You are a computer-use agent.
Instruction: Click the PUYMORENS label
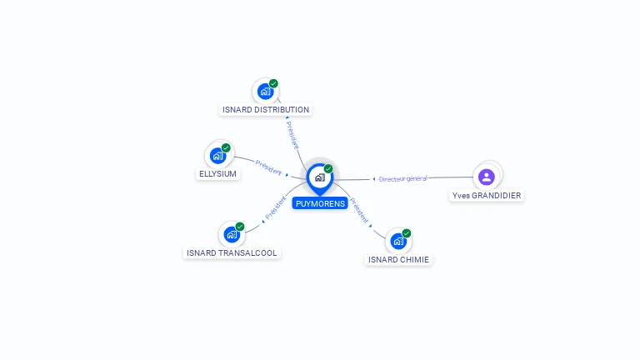[320, 203]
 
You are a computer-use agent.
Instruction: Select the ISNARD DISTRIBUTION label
[266, 109]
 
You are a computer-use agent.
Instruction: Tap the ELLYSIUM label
[218, 174]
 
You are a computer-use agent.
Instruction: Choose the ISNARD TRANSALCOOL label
[232, 253]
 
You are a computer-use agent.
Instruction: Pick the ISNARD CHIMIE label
[398, 260]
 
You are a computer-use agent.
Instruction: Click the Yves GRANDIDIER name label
[487, 196]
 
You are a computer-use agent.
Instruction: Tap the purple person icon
[487, 177]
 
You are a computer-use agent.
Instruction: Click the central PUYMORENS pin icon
[320, 179]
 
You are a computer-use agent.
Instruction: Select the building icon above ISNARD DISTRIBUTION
[266, 92]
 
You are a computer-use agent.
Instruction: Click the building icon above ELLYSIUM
[218, 156]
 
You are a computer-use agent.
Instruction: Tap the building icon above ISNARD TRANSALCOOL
[232, 235]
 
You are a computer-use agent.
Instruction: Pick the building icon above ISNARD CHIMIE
[398, 241]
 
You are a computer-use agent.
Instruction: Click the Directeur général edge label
[402, 179]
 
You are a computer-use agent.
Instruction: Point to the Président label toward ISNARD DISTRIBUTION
[292, 135]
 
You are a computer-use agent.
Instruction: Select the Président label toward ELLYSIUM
[268, 167]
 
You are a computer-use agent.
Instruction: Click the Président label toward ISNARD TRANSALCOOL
[276, 207]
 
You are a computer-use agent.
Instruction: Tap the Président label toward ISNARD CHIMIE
[359, 210]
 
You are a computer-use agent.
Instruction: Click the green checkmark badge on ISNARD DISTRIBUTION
[273, 83]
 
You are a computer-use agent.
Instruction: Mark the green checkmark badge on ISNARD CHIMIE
[407, 233]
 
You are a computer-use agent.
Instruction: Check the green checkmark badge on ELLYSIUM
[226, 147]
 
